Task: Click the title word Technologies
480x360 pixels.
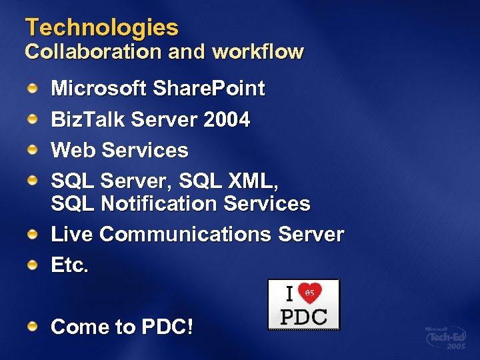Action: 102,27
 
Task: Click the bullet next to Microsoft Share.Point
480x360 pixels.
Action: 32,88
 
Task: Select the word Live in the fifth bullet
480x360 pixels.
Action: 72,235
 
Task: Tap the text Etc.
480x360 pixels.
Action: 69,265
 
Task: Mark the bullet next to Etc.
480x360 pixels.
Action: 32,265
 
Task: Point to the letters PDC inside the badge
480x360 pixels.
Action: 303,316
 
